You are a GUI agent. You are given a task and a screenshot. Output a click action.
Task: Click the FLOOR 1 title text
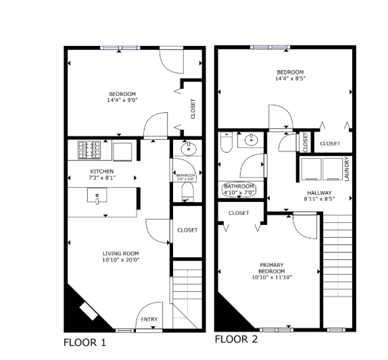84,342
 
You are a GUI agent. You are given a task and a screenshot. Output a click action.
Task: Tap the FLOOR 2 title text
236,339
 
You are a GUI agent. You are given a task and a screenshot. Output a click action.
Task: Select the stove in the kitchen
89,148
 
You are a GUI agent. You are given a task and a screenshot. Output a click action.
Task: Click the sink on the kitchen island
98,197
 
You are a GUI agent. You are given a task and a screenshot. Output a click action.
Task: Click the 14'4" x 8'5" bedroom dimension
289,79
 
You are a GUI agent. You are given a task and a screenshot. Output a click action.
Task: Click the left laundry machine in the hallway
311,170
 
